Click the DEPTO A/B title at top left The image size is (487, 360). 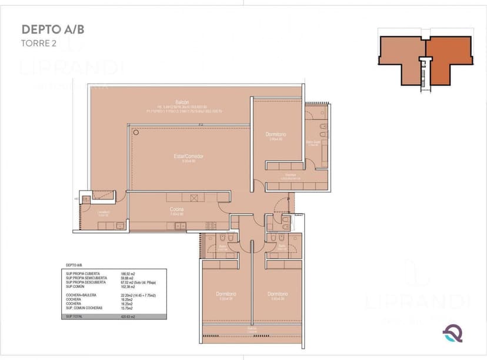(x=49, y=29)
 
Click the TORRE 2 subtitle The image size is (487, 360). (x=39, y=42)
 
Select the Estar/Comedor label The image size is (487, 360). (x=188, y=156)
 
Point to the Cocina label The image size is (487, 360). (x=176, y=210)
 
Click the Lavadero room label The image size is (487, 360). (x=103, y=212)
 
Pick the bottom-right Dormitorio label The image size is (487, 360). (x=277, y=294)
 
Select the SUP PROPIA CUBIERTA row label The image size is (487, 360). (x=83, y=274)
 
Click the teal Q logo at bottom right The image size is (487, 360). (x=452, y=333)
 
